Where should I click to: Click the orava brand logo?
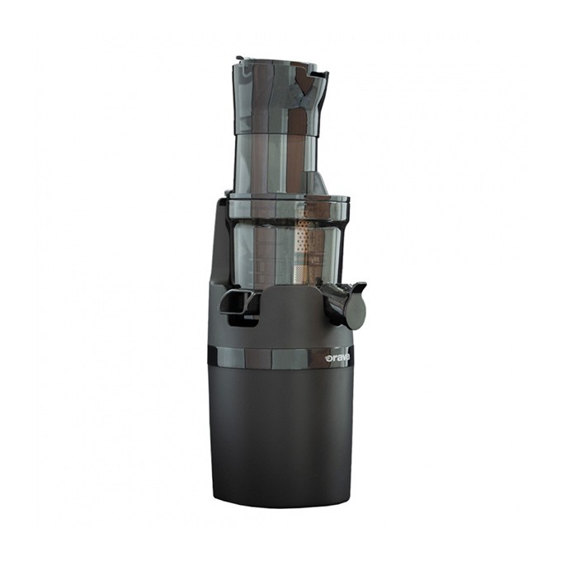(337, 357)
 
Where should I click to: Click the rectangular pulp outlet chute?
(239, 301)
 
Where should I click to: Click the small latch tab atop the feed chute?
(241, 59)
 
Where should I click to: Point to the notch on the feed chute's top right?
(319, 74)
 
